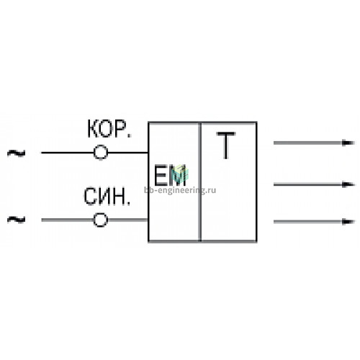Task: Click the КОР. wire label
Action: click(109, 129)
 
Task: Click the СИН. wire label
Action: click(107, 197)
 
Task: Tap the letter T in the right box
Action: click(226, 145)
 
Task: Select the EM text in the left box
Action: click(170, 176)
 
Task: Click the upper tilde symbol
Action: click(17, 153)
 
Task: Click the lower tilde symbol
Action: click(17, 220)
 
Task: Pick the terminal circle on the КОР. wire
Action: click(101, 153)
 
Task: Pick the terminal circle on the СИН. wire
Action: click(101, 220)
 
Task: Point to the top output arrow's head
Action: click(348, 143)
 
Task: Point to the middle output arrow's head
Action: click(348, 184)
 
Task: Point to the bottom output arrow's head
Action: click(348, 222)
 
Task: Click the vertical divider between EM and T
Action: click(199, 181)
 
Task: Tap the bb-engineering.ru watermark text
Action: click(180, 190)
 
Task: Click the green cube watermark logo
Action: click(181, 173)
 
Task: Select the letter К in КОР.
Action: click(93, 129)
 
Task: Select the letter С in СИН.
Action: click(90, 197)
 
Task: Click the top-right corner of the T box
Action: click(257, 122)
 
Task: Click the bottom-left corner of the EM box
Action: click(148, 241)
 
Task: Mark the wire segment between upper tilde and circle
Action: click(68, 153)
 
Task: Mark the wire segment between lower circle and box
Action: click(128, 220)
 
